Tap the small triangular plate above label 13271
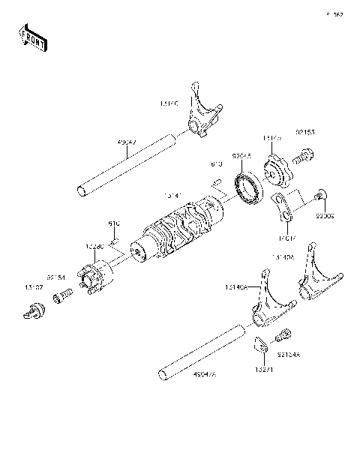pos(258,344)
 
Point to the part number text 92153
pos(305,131)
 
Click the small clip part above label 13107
pos(33,310)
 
